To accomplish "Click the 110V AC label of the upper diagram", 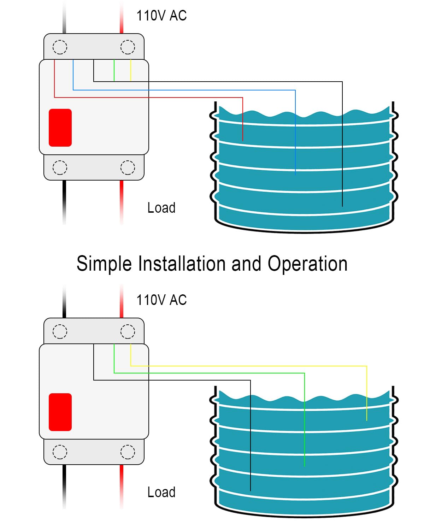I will point(161,16).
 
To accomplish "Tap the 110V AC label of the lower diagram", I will point(161,300).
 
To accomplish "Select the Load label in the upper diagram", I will point(161,208).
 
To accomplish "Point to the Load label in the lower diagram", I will point(161,492).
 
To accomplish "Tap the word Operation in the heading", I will point(307,264).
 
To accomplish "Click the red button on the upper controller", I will point(60,128).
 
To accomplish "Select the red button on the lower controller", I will point(60,412).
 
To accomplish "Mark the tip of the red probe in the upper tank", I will point(243,140).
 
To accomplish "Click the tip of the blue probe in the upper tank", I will point(295,174).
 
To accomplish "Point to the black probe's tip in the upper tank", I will point(342,206).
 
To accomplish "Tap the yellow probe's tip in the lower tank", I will point(367,420).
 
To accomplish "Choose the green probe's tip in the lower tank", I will point(305,466).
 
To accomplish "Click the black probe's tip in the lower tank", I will point(251,490).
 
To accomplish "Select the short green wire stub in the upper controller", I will point(114,71).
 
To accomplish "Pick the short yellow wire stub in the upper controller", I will point(131,71).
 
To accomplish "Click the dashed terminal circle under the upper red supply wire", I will point(128,47).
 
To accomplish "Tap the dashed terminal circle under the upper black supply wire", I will point(60,47).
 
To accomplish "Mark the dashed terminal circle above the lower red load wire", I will point(128,452).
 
